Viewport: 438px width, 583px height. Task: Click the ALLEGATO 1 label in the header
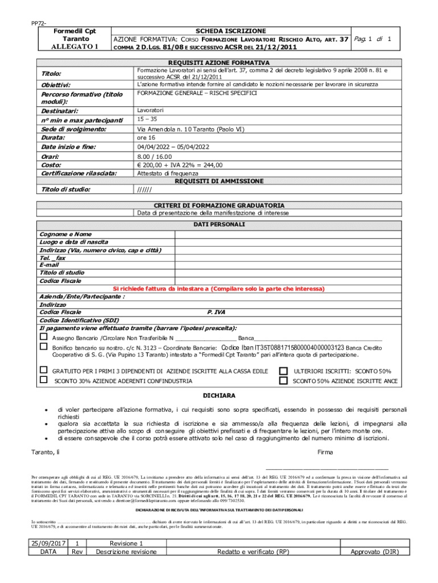coord(71,47)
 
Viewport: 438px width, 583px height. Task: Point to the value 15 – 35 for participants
coord(147,120)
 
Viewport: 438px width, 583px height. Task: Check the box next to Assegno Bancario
coord(43,337)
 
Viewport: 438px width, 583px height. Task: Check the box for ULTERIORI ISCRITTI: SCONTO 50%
coord(283,371)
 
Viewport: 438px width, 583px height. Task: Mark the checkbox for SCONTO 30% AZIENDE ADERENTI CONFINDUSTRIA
coord(43,380)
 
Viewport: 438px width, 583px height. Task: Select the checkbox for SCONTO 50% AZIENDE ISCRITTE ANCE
coord(283,380)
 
